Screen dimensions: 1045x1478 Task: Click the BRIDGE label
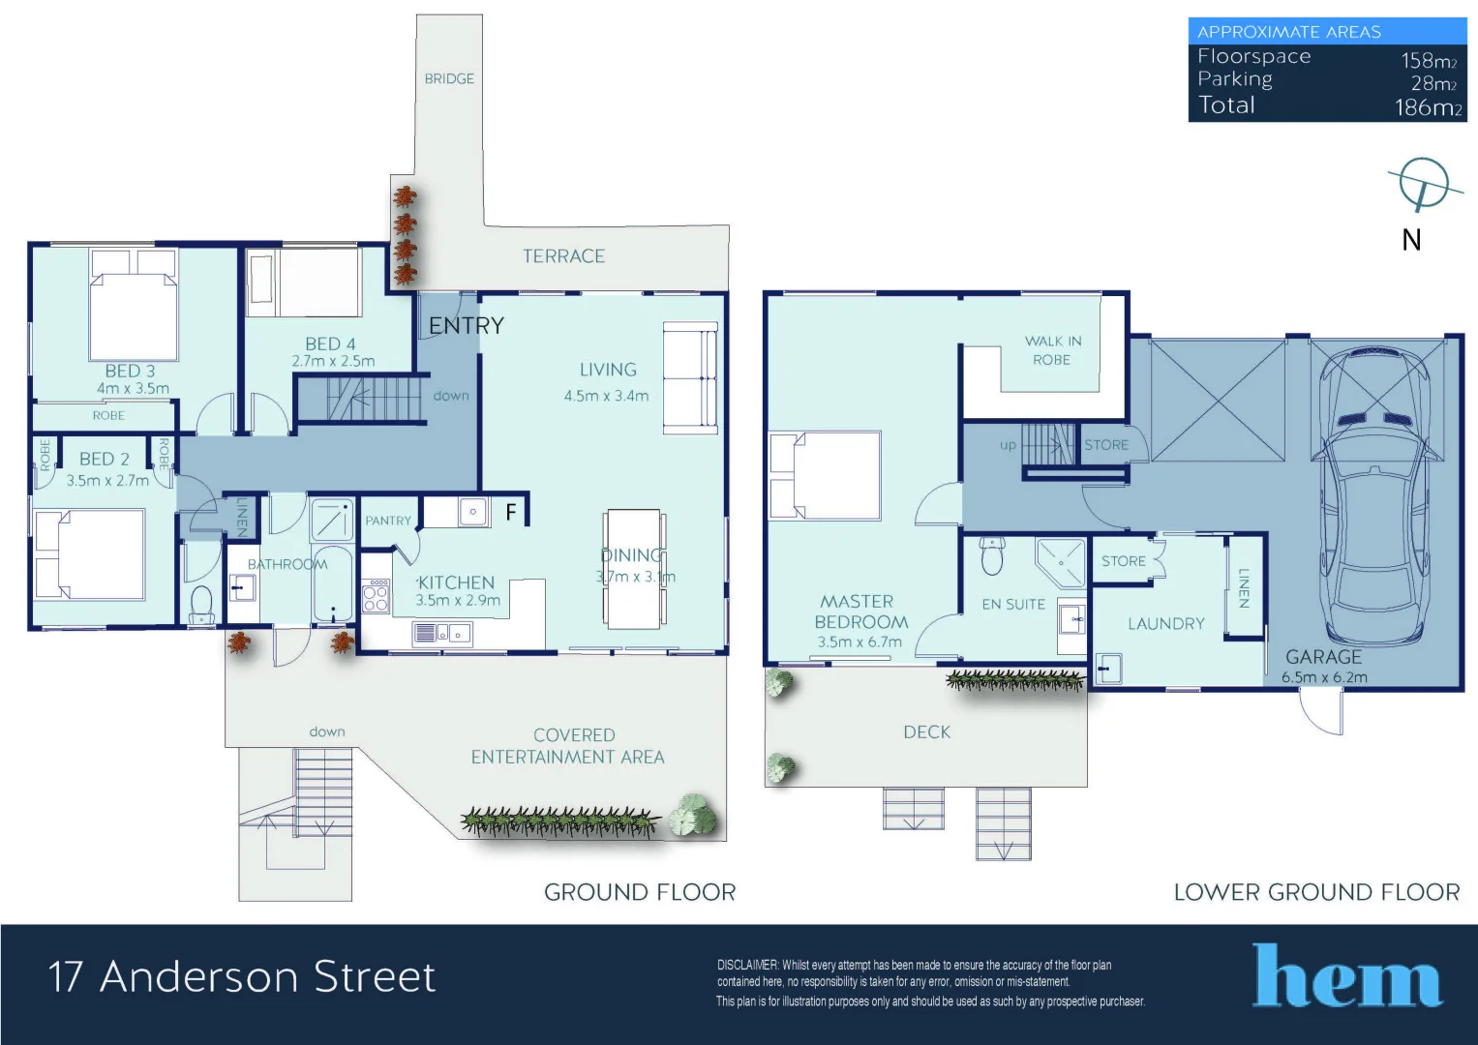pyautogui.click(x=449, y=78)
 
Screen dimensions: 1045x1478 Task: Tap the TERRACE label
pyautogui.click(x=563, y=256)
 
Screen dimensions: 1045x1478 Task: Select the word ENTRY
pyautogui.click(x=467, y=326)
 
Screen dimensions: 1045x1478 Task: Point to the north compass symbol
pyautogui.click(x=1423, y=184)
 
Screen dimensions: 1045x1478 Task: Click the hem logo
pyautogui.click(x=1346, y=977)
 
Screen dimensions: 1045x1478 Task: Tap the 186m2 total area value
pyautogui.click(x=1428, y=107)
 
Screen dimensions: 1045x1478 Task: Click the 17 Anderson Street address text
pyautogui.click(x=242, y=976)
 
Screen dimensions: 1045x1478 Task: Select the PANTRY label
pyautogui.click(x=388, y=521)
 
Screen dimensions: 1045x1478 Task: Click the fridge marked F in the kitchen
pyautogui.click(x=511, y=512)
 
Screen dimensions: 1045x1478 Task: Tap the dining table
pyautogui.click(x=633, y=569)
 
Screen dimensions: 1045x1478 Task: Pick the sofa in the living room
pyautogui.click(x=689, y=378)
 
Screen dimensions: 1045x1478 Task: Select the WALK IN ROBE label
pyautogui.click(x=1052, y=350)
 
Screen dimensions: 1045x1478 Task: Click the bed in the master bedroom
pyautogui.click(x=825, y=476)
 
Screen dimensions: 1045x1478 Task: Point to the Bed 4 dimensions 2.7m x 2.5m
pyautogui.click(x=333, y=361)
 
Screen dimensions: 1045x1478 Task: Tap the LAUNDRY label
pyautogui.click(x=1165, y=624)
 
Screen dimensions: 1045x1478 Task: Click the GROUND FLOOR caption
pyautogui.click(x=639, y=892)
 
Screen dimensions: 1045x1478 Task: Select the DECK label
pyautogui.click(x=926, y=732)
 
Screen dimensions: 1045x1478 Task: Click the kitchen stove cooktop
pyautogui.click(x=376, y=595)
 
